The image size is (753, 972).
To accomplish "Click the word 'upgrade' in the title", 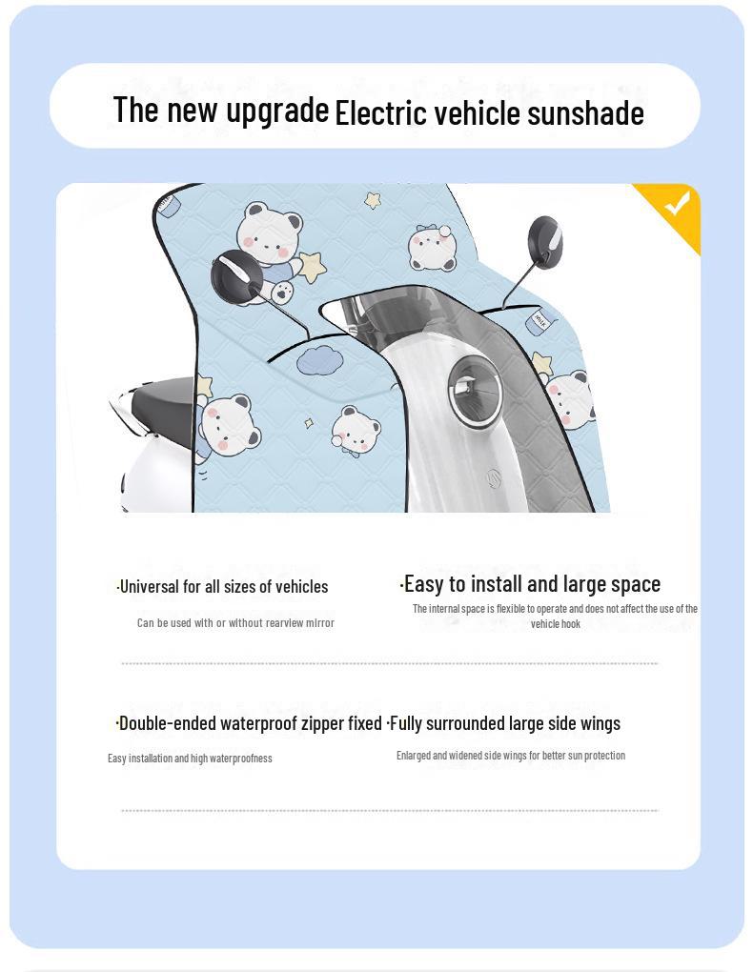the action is (x=277, y=111).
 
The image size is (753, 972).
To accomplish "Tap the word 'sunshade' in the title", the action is (x=585, y=113).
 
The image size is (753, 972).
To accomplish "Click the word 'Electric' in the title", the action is (x=381, y=112).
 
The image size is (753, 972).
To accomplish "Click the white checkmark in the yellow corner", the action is (x=678, y=203).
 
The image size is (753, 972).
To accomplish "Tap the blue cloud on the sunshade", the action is (x=318, y=360).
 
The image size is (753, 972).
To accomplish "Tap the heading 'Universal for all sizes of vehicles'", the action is (x=222, y=586).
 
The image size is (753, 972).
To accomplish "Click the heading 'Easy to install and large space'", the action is (x=530, y=584).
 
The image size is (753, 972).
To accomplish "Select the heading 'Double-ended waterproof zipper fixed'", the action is (x=249, y=723).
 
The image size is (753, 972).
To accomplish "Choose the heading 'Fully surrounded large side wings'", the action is (x=503, y=723).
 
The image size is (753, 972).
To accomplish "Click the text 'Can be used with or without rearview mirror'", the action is (x=235, y=623).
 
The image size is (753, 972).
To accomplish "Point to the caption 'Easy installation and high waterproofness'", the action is (x=190, y=759).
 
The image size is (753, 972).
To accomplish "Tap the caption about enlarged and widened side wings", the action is (x=511, y=756).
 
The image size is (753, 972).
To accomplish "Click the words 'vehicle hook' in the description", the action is (x=555, y=624).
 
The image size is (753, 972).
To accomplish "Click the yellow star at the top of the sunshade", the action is (x=373, y=200).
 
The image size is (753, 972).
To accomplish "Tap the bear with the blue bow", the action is (x=433, y=248).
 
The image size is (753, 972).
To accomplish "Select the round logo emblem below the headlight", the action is (x=495, y=478).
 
